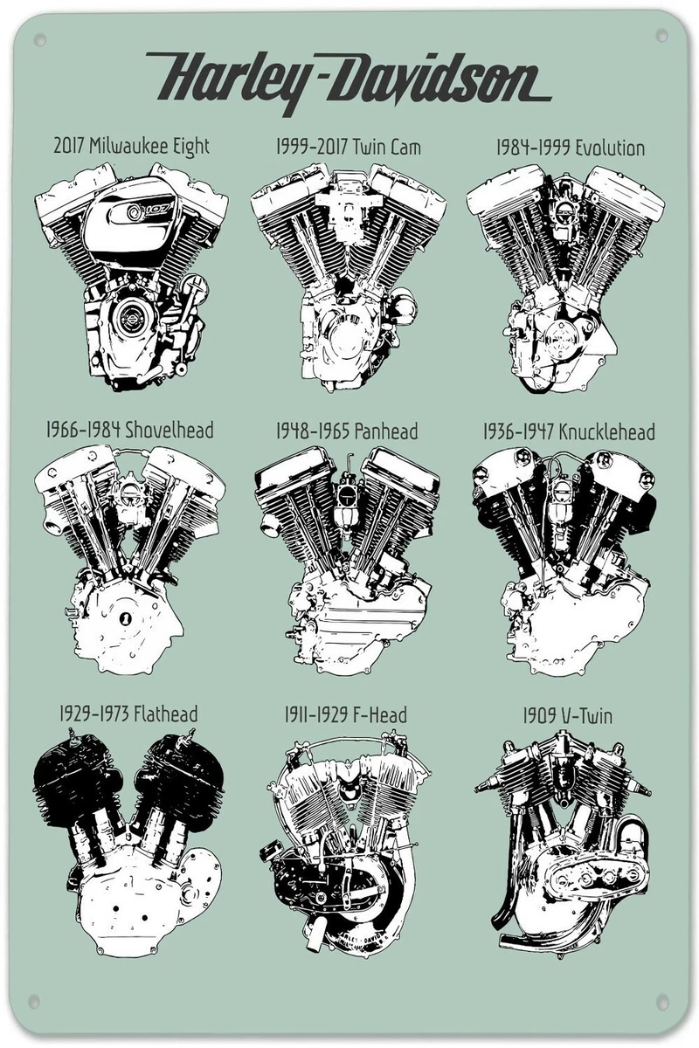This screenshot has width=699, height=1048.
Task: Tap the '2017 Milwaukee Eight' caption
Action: (132, 147)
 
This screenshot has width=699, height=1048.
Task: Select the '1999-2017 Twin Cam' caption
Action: (349, 147)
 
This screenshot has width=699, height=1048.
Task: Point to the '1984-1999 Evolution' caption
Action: (571, 148)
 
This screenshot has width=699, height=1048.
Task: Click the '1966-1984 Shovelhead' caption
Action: (129, 430)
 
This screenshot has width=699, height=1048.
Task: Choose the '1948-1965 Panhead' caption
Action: (347, 431)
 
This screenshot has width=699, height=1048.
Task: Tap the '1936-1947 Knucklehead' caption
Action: (569, 431)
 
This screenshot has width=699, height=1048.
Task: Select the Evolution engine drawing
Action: (565, 279)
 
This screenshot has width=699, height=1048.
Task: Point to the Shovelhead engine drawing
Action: (129, 560)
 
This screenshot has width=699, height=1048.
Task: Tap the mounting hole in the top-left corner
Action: (40, 40)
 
